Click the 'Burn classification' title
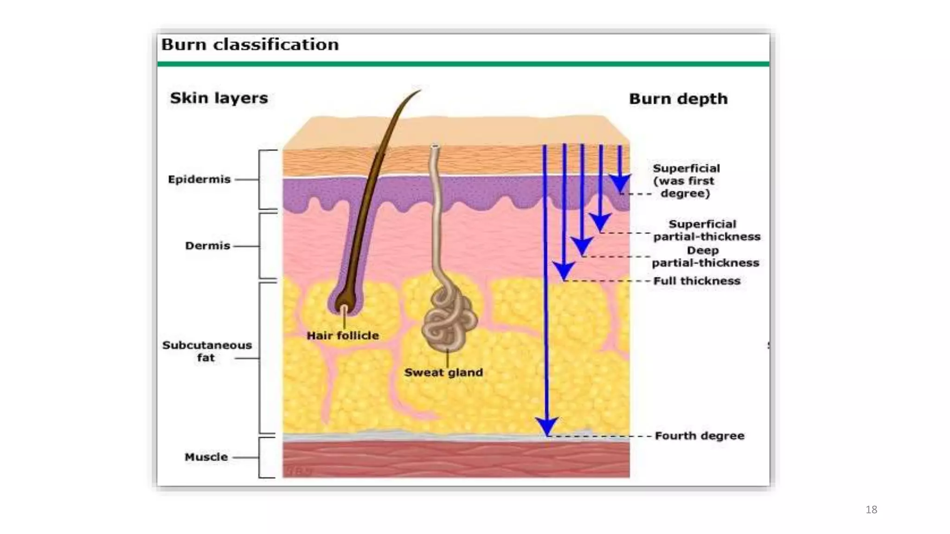[250, 45]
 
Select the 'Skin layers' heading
[219, 98]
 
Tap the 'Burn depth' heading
[678, 99]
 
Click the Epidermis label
[199, 179]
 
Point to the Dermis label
[207, 246]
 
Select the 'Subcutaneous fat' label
[207, 351]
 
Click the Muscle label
[206, 457]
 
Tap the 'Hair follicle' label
[343, 336]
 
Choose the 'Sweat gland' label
[443, 372]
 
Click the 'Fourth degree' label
[700, 436]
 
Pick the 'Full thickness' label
[697, 281]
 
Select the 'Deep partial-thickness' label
[705, 257]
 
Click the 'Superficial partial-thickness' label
[706, 230]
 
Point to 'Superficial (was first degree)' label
[686, 181]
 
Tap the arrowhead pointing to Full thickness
[564, 270]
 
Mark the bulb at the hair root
[344, 302]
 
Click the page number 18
[871, 510]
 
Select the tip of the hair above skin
[418, 91]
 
